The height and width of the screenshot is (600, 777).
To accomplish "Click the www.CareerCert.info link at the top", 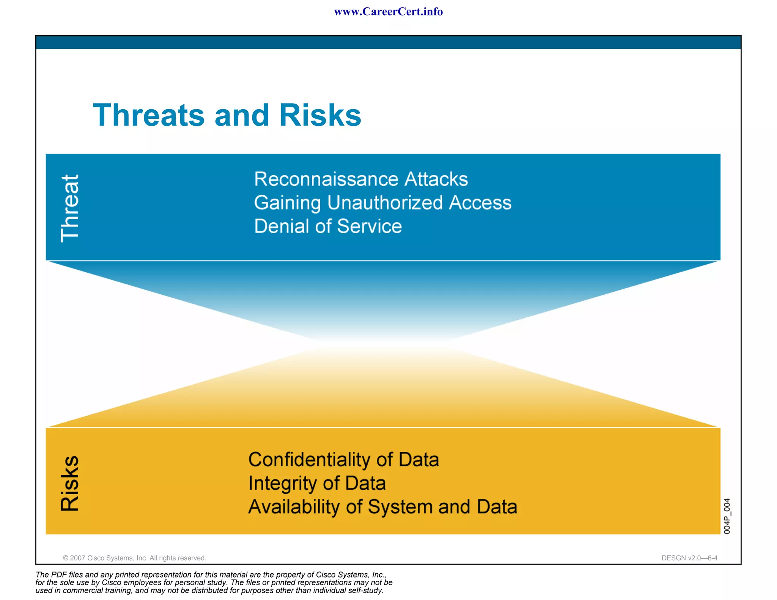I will tap(388, 12).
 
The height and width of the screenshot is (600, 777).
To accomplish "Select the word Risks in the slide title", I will tap(320, 115).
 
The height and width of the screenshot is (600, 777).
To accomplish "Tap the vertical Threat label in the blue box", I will tap(70, 208).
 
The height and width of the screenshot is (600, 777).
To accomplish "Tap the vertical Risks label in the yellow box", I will tap(70, 483).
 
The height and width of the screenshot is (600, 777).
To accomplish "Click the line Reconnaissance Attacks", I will tap(361, 179).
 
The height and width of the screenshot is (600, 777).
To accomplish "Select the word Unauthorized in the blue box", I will tap(385, 203).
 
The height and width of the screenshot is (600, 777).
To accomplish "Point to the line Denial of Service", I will tap(328, 226).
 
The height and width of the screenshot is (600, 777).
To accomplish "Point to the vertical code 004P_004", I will tap(727, 516).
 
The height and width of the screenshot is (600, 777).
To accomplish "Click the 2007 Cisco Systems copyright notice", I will tap(134, 558).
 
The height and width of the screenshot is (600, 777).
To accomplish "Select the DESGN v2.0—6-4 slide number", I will tap(689, 558).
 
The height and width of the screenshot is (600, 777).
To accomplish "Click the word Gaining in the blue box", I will tap(287, 203).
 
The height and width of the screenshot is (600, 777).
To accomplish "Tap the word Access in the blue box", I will tap(480, 203).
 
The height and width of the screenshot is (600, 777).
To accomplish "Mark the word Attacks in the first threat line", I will tap(436, 179).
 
